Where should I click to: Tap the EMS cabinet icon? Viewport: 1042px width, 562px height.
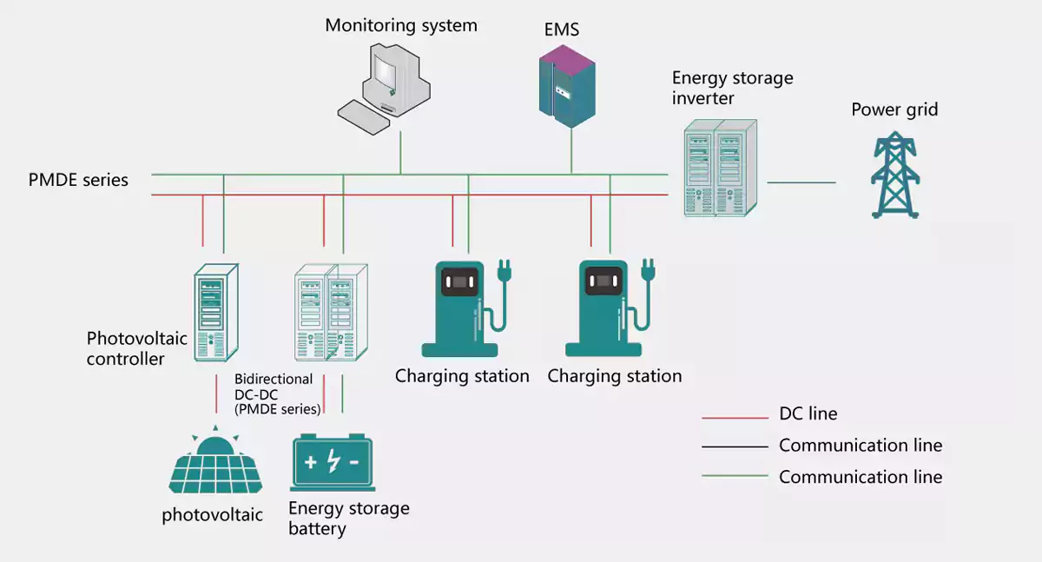(x=567, y=87)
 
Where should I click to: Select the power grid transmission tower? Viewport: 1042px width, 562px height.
(x=895, y=175)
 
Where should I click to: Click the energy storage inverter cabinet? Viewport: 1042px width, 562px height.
(x=721, y=168)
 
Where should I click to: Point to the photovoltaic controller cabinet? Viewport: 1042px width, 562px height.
(x=216, y=312)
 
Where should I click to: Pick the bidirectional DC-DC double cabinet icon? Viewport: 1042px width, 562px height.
(x=331, y=312)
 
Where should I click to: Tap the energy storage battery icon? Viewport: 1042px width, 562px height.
(x=333, y=462)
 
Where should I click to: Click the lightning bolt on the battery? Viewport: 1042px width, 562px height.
(x=333, y=461)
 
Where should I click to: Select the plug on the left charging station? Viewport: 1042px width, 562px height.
(x=505, y=271)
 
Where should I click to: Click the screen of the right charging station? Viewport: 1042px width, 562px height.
(x=603, y=281)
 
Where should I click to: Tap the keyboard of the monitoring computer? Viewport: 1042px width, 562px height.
(x=364, y=117)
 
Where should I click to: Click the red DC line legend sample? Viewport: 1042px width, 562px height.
(x=735, y=418)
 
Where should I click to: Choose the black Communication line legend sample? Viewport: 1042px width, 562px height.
(x=735, y=446)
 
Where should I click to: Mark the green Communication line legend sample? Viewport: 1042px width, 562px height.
(x=735, y=475)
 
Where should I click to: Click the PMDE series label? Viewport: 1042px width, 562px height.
(x=78, y=180)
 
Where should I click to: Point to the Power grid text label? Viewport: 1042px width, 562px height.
(x=894, y=109)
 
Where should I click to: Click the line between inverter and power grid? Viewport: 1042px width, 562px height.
(x=801, y=182)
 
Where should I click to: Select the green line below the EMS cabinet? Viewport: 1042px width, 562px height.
(x=571, y=151)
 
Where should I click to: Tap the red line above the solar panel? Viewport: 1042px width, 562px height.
(x=216, y=393)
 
